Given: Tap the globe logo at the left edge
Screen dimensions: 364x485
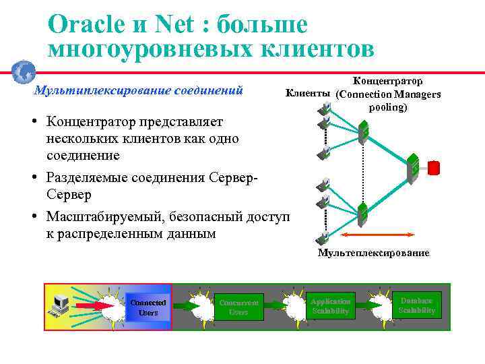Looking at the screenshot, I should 24,71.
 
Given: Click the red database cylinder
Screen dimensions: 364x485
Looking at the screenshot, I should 434,166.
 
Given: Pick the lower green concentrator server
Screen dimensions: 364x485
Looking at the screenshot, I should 362,214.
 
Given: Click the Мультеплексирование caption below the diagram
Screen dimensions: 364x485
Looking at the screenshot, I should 373,253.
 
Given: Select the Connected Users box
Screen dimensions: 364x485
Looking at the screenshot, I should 148,307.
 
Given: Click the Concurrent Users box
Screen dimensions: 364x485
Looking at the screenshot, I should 238,307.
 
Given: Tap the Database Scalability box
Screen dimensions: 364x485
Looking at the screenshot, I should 417,305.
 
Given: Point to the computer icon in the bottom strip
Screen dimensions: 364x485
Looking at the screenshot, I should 60,307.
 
